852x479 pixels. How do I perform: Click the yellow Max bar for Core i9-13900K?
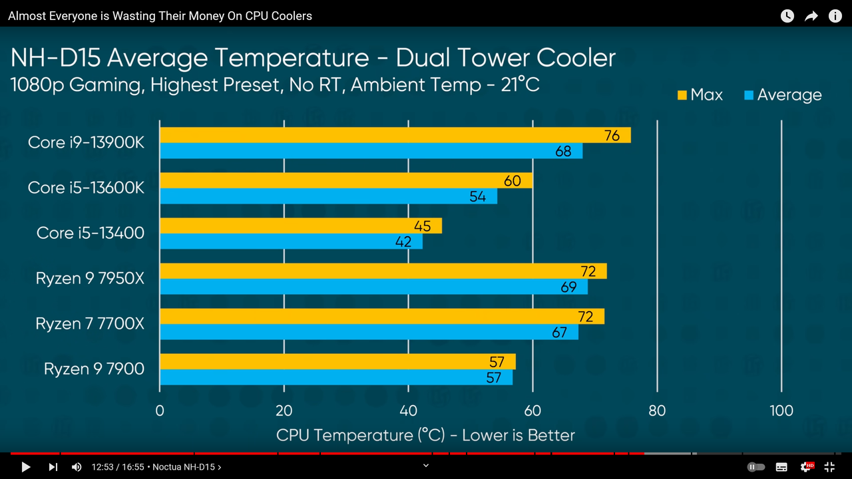pyautogui.click(x=395, y=135)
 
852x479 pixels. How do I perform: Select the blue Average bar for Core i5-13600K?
pyautogui.click(x=329, y=196)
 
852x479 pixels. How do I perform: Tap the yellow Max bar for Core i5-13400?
pyautogui.click(x=301, y=226)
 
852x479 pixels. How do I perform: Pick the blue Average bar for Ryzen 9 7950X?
pyautogui.click(x=374, y=287)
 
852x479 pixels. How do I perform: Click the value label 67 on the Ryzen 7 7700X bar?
pyautogui.click(x=559, y=333)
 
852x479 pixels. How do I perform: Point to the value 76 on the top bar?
pyautogui.click(x=612, y=136)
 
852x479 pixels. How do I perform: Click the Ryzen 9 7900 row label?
pyautogui.click(x=94, y=369)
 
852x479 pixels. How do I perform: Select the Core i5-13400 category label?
pyautogui.click(x=90, y=233)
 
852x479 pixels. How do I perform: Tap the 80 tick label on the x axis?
pyautogui.click(x=657, y=410)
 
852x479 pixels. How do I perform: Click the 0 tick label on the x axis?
pyautogui.click(x=160, y=410)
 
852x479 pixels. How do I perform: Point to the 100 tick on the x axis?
pyautogui.click(x=781, y=410)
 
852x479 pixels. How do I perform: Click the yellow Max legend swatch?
pyautogui.click(x=682, y=95)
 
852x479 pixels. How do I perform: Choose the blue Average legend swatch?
pyautogui.click(x=749, y=95)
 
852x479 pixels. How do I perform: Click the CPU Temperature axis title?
pyautogui.click(x=425, y=435)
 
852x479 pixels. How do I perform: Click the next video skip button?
pyautogui.click(x=53, y=467)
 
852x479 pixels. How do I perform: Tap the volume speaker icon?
pyautogui.click(x=77, y=467)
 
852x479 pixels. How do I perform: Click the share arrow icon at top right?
pyautogui.click(x=811, y=16)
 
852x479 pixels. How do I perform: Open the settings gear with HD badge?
pyautogui.click(x=806, y=466)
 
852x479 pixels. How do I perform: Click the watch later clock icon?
pyautogui.click(x=787, y=16)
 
